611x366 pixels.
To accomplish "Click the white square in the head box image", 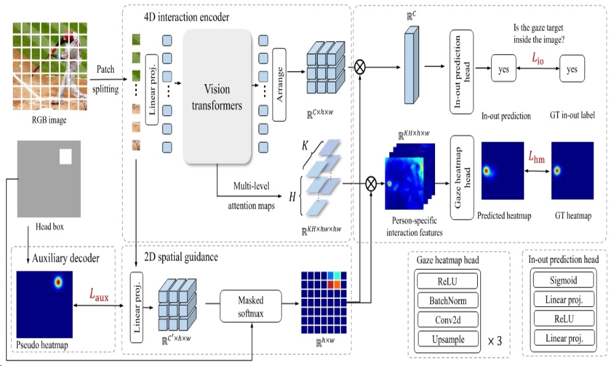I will (65, 157).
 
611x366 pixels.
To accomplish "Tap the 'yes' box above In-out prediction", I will (504, 70).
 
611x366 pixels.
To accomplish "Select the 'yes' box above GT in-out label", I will (572, 70).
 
